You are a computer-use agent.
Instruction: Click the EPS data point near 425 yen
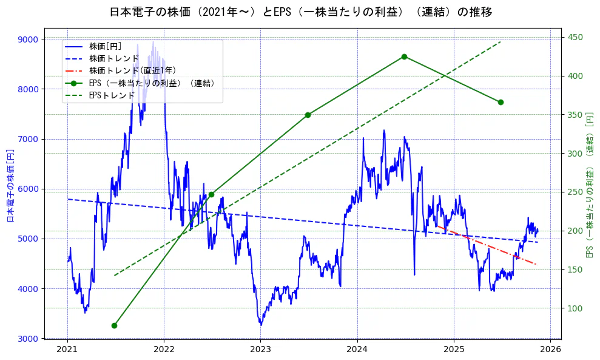coord(404,56)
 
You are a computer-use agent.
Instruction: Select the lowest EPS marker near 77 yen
coord(114,325)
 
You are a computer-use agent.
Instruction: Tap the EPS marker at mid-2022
coord(211,194)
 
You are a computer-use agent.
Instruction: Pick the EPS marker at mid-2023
coord(308,115)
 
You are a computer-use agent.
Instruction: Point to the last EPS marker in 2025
coord(501,102)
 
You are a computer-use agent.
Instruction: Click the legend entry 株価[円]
coord(105,46)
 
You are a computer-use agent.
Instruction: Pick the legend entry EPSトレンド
coord(111,95)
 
